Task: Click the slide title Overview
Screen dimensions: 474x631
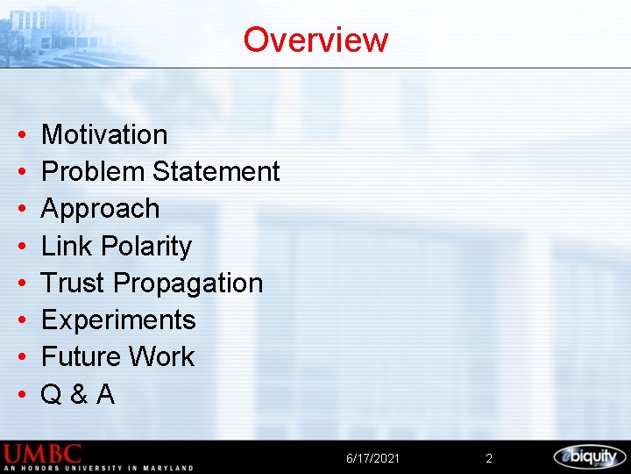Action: pos(315,39)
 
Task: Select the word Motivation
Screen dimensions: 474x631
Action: pos(104,134)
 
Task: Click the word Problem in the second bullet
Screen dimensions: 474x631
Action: pos(94,171)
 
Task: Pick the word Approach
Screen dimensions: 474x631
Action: pos(101,209)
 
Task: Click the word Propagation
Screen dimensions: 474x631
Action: pos(188,284)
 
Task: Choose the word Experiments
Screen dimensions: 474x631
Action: pos(118,320)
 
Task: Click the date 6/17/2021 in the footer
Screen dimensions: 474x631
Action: pos(372,458)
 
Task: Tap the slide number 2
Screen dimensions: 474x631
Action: pos(489,458)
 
